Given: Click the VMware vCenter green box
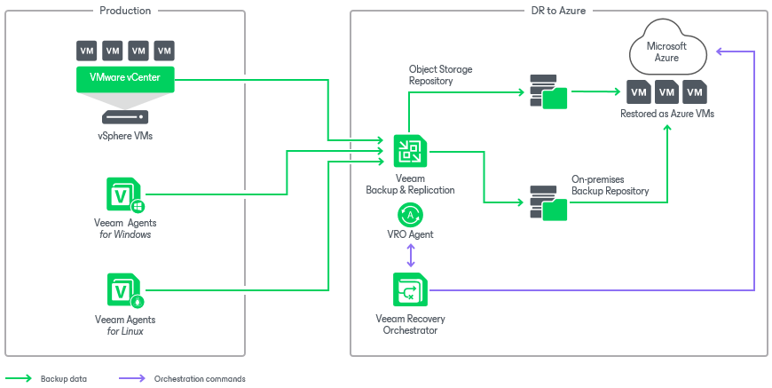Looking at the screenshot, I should pyautogui.click(x=125, y=81).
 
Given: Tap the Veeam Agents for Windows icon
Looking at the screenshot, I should pyautogui.click(x=122, y=194).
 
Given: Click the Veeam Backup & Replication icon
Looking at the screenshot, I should pyautogui.click(x=410, y=150).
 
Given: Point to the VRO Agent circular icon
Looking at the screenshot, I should pyautogui.click(x=410, y=214).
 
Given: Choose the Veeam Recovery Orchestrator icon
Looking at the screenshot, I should pyautogui.click(x=410, y=289).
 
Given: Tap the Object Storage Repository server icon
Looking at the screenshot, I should pyautogui.click(x=547, y=91).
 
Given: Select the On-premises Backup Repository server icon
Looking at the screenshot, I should pyautogui.click(x=547, y=202).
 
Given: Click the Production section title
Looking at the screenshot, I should pyautogui.click(x=125, y=11).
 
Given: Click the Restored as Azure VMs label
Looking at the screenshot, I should pyautogui.click(x=667, y=114).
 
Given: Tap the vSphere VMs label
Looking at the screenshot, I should pyautogui.click(x=125, y=136).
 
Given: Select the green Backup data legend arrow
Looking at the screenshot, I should pyautogui.click(x=19, y=378).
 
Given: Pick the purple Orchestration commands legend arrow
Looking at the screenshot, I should pyautogui.click(x=131, y=378).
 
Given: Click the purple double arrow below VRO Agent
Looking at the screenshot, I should pyautogui.click(x=410, y=256).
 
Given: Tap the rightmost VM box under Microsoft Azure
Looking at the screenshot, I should pyautogui.click(x=695, y=91).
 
